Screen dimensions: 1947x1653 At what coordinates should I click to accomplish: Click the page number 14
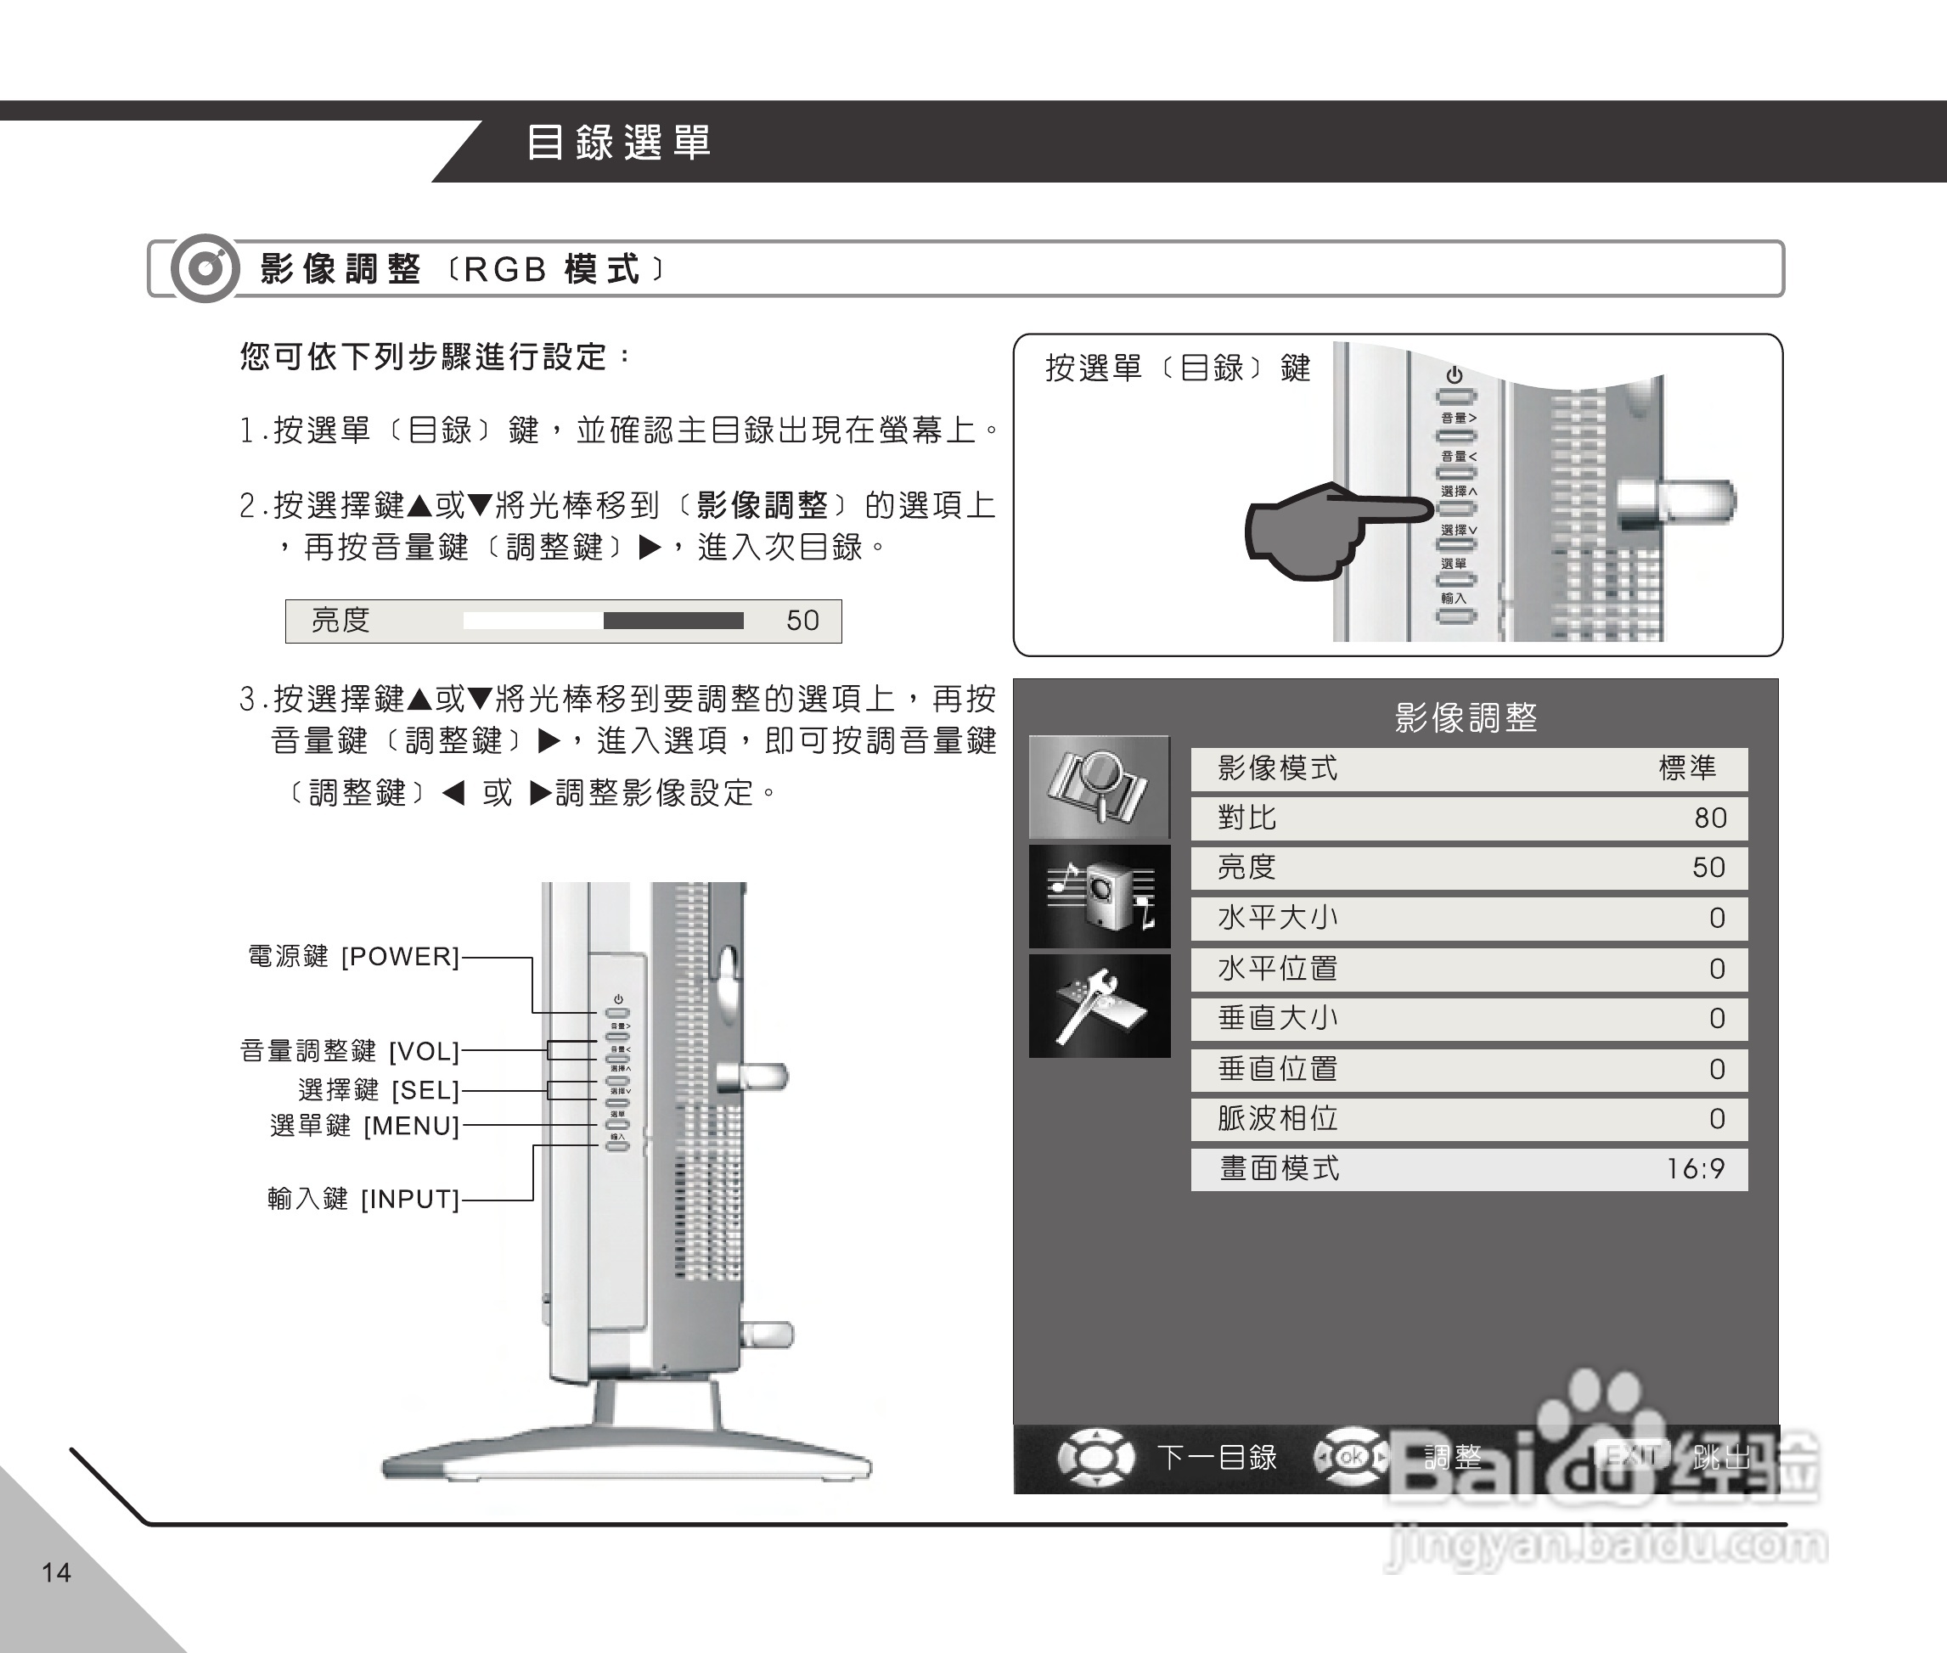click(56, 1571)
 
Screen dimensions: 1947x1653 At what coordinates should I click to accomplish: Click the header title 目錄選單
click(618, 143)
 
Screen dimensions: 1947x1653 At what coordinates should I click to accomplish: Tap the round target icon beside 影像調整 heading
click(205, 269)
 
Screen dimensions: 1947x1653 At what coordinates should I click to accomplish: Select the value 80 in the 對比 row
click(1710, 818)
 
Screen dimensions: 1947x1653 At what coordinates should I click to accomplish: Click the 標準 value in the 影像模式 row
click(1687, 768)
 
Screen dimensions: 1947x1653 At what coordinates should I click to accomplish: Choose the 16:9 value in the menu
click(1695, 1168)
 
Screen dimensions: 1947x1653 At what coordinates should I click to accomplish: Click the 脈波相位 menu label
click(1277, 1118)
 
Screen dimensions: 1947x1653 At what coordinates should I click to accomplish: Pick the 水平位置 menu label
click(1277, 968)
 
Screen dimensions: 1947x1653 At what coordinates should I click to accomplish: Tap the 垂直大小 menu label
click(1277, 1018)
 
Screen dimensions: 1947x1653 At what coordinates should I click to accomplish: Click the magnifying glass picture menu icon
click(1099, 787)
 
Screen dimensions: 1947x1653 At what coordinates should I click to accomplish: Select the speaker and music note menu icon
click(1099, 897)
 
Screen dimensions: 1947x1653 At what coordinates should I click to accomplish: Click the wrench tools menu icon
click(1099, 1005)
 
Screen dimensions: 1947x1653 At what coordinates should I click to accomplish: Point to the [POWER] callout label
click(400, 957)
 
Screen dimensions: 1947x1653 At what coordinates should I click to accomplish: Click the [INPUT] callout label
click(409, 1200)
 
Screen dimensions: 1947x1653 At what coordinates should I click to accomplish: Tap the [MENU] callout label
click(410, 1126)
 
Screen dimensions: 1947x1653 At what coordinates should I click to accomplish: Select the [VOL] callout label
click(424, 1051)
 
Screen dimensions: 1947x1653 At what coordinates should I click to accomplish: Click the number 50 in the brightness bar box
click(802, 621)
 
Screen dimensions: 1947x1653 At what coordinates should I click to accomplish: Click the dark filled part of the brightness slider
click(672, 621)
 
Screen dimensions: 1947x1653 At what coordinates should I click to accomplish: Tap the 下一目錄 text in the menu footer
click(1216, 1457)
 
